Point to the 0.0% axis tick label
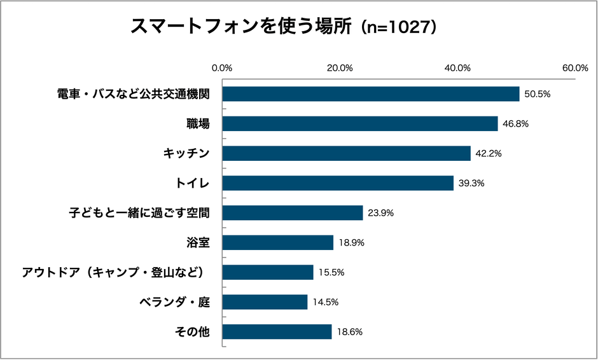click(222, 68)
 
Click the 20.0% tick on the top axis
click(340, 68)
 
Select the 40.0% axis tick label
click(457, 68)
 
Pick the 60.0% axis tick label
click(574, 68)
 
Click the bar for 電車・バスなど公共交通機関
click(371, 94)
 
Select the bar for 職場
click(360, 123)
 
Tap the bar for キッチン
click(347, 153)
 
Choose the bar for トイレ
click(338, 183)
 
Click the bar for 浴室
click(278, 242)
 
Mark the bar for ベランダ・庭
click(265, 301)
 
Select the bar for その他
click(277, 331)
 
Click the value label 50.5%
click(537, 94)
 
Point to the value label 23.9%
click(380, 213)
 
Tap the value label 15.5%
click(331, 272)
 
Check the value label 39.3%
click(471, 183)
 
